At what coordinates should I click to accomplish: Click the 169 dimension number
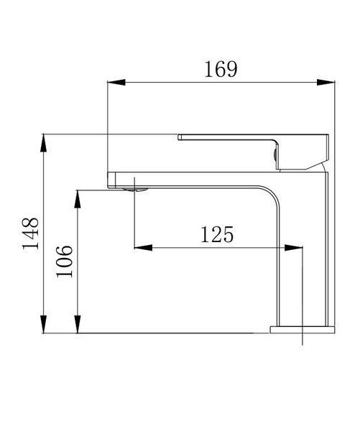[221, 69]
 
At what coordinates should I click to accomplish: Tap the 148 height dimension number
[30, 233]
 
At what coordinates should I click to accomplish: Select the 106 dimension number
[65, 261]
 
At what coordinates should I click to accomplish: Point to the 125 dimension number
[217, 234]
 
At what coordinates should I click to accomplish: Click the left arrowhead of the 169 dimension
[116, 82]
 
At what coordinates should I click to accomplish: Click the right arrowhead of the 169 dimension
[326, 82]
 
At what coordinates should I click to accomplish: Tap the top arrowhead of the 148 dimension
[43, 143]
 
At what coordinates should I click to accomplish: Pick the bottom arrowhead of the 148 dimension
[43, 324]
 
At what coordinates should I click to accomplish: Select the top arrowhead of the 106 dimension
[78, 199]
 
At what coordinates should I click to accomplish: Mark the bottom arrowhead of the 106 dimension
[78, 324]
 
